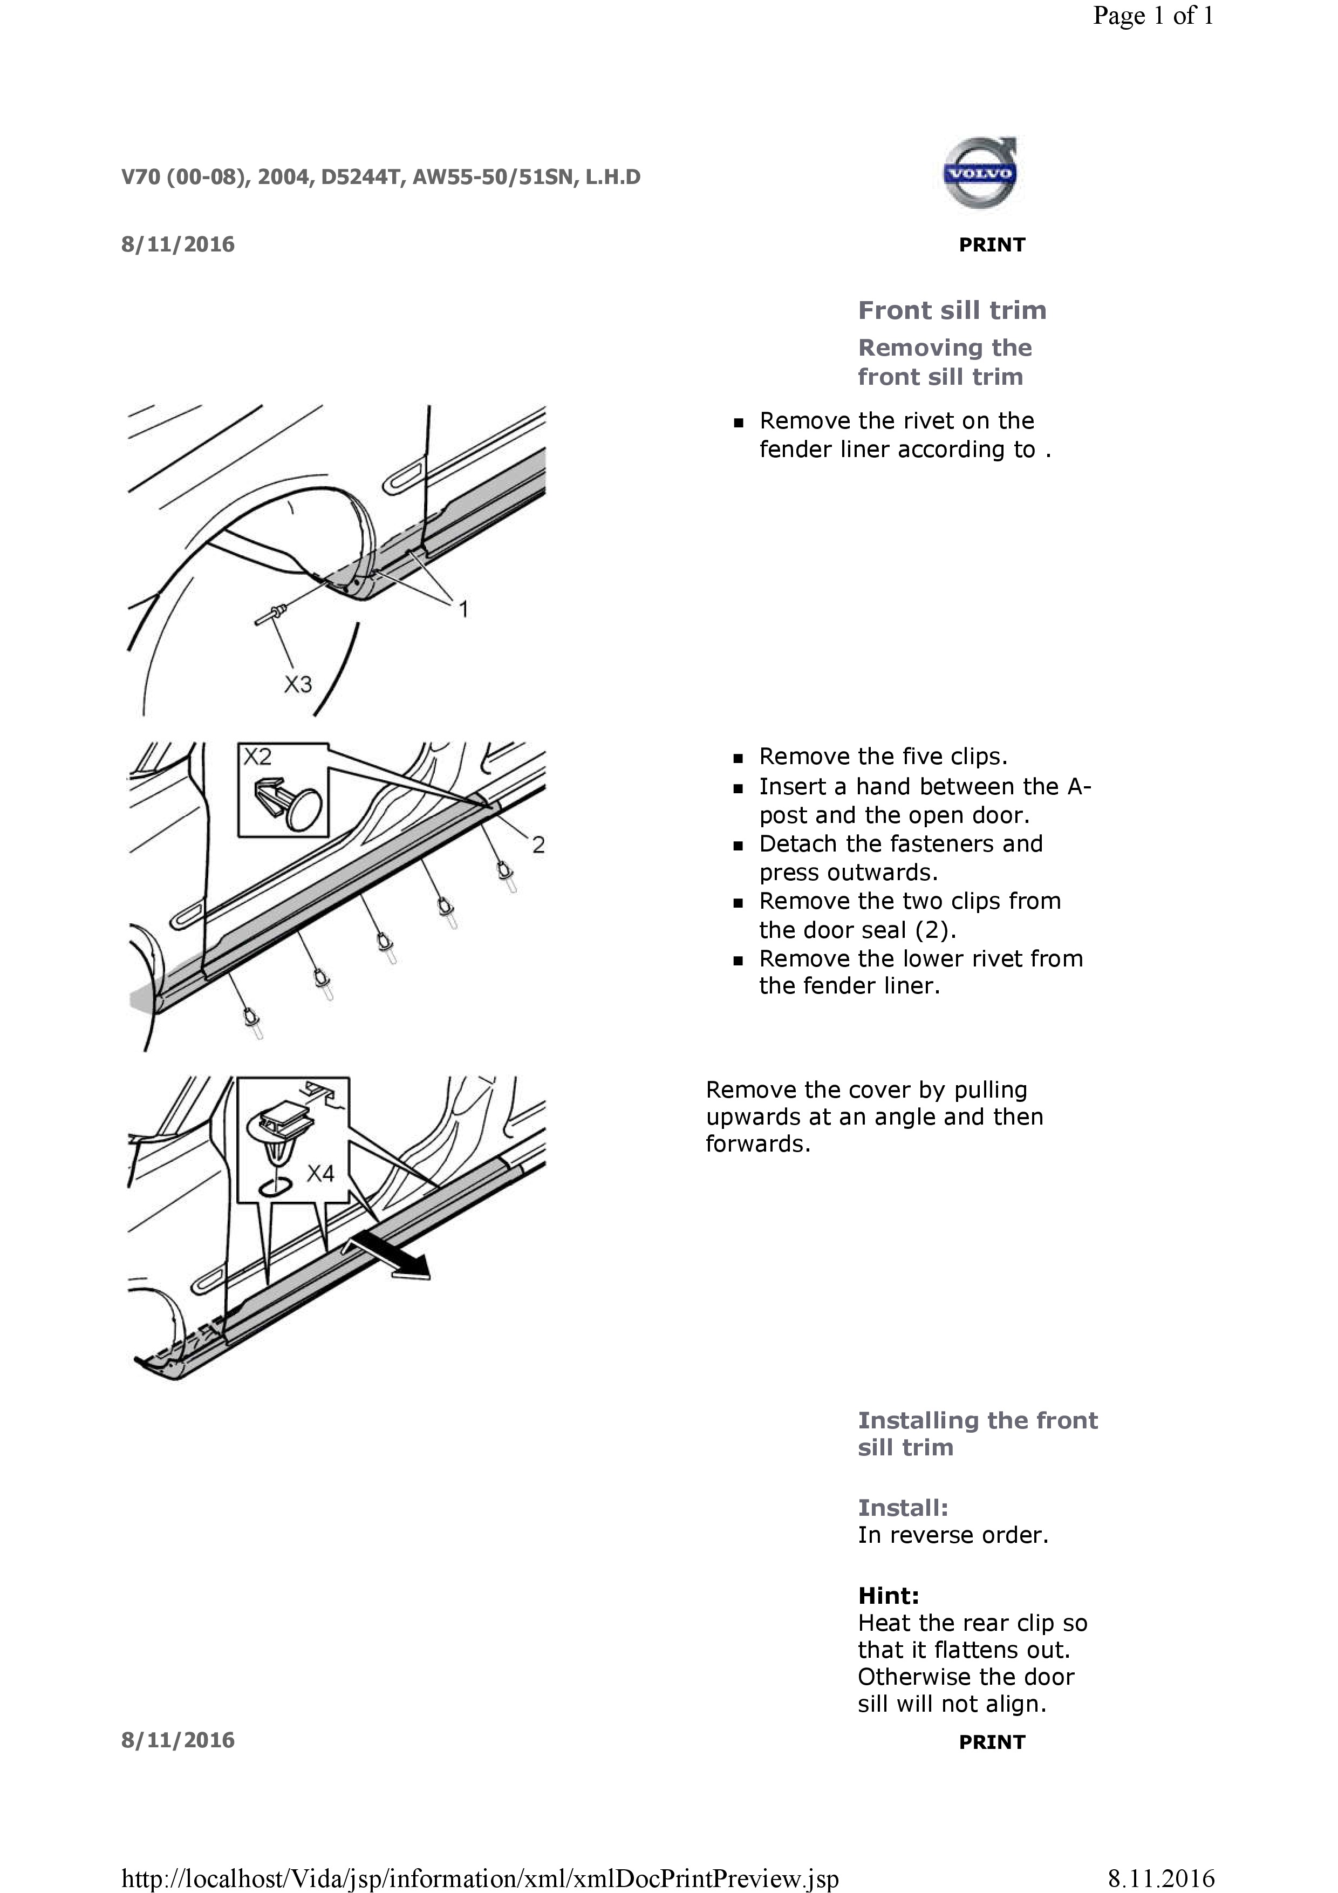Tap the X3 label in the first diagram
click(x=298, y=684)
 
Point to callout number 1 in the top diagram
click(x=463, y=609)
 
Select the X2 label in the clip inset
click(x=257, y=757)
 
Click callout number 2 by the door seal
click(x=537, y=845)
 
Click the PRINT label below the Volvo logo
click(x=992, y=245)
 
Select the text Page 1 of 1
click(x=1152, y=16)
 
